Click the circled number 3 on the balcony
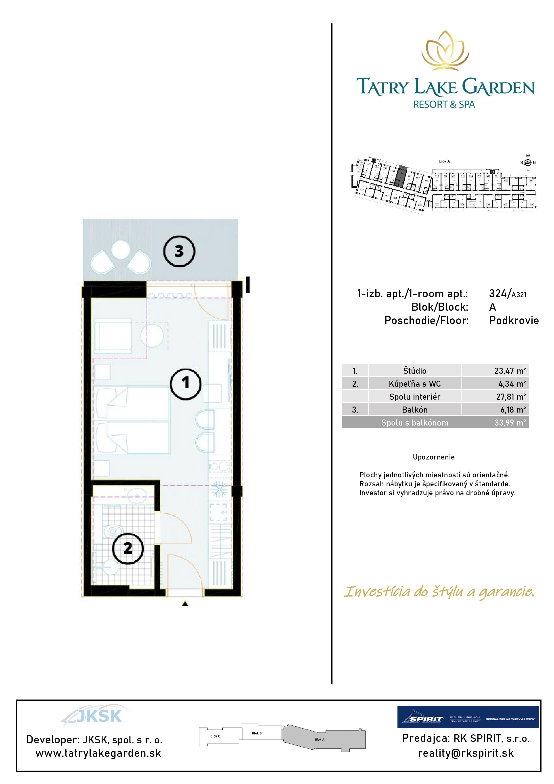(179, 251)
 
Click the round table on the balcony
(120, 250)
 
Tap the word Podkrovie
(514, 320)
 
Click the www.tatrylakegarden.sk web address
(98, 753)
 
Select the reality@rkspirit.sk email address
(466, 753)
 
